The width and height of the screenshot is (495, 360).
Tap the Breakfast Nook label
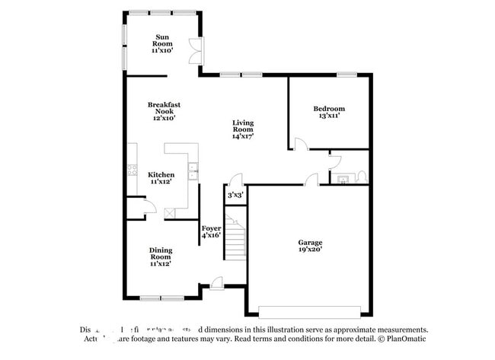coord(163,111)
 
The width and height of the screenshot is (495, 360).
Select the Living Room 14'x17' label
coord(243,129)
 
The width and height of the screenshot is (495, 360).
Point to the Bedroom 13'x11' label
coord(329,112)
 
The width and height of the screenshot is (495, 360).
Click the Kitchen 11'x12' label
coord(161,178)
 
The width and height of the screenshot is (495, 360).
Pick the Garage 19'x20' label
coord(309,246)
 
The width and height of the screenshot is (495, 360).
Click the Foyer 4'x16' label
coord(211,232)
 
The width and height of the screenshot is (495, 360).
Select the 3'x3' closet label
coord(235,196)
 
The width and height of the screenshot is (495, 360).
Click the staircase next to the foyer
coord(237,237)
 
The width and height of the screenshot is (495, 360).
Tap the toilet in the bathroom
coord(362,178)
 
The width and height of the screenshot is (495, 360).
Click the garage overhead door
coord(311,311)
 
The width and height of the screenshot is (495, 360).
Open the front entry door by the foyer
coord(218,285)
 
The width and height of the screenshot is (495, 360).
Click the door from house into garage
coord(311,180)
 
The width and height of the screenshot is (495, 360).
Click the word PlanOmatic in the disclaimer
coord(407,340)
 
